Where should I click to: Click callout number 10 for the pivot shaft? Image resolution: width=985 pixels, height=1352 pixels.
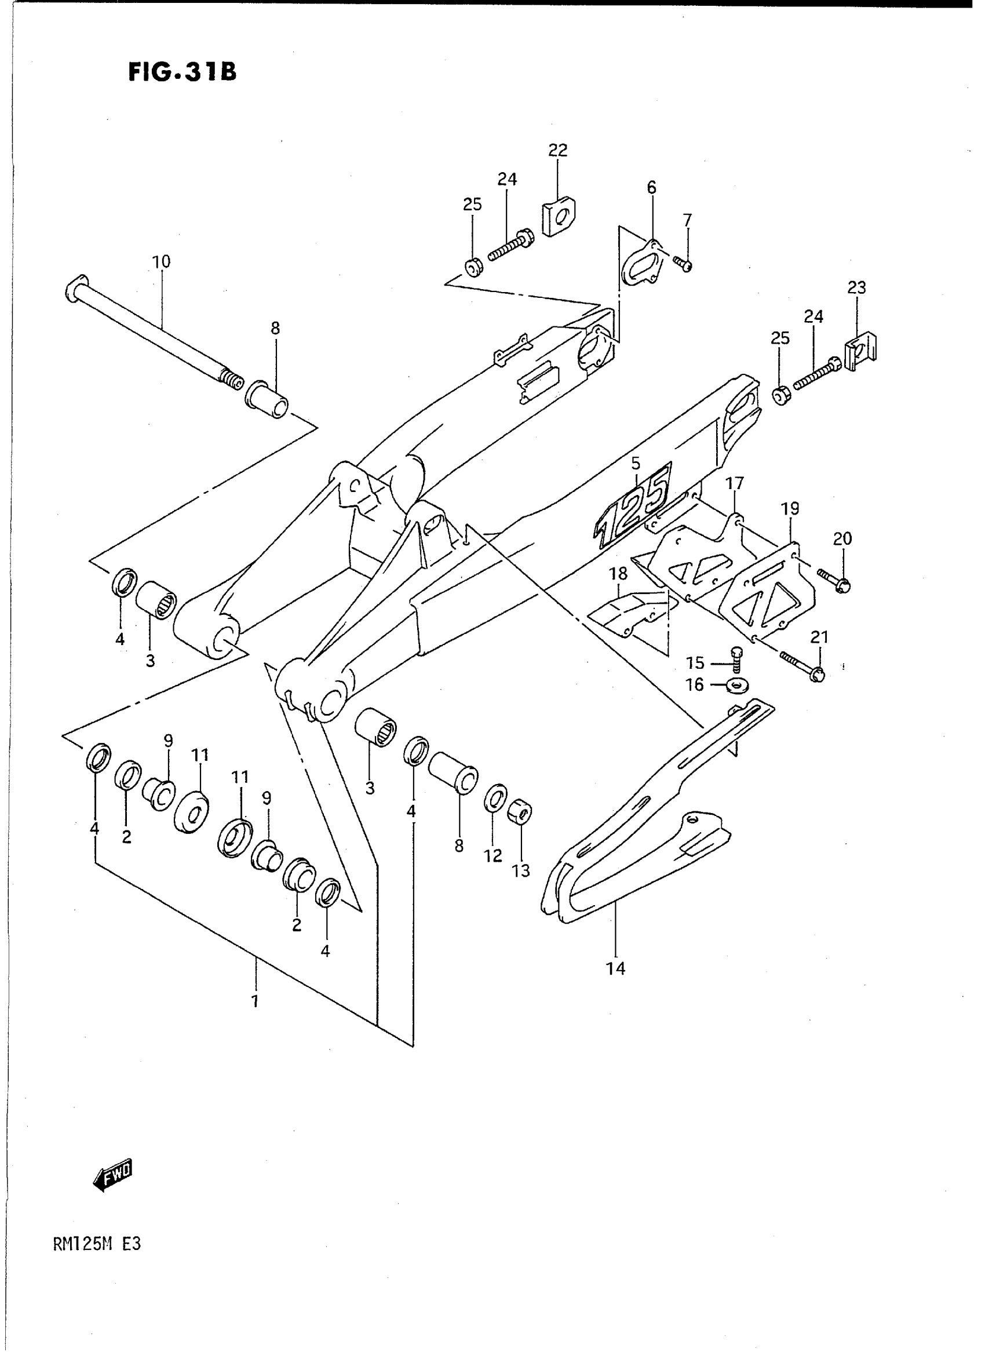[x=161, y=261]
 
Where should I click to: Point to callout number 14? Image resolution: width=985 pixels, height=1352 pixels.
[x=616, y=968]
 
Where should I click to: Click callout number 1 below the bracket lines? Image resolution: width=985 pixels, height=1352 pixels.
[x=255, y=1001]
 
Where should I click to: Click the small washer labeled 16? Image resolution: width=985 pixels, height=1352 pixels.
[x=738, y=685]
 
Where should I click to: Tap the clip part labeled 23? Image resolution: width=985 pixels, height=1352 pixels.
[x=861, y=353]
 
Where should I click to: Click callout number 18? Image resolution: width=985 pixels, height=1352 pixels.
[x=618, y=574]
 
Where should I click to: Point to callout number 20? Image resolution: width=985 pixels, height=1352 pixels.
[x=842, y=539]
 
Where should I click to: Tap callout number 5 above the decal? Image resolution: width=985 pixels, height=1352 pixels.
[x=636, y=463]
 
